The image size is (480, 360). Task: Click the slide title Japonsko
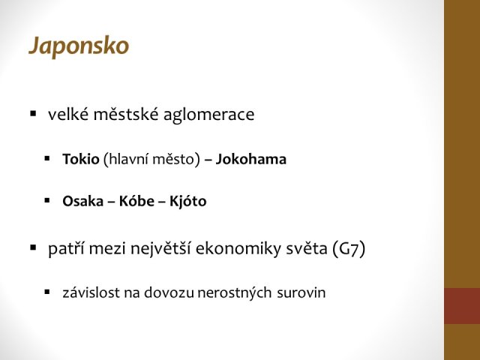click(x=79, y=46)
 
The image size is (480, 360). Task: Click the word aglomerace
click(x=208, y=115)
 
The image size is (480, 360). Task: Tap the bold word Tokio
click(x=81, y=159)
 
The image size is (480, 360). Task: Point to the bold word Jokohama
click(x=251, y=159)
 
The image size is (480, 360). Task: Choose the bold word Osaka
click(x=82, y=202)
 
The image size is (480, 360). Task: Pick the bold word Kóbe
click(x=136, y=201)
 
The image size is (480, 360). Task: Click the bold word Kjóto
click(x=188, y=201)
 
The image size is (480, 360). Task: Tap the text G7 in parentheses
click(x=349, y=248)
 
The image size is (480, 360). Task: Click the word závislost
click(x=91, y=292)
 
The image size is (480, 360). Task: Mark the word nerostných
click(x=235, y=293)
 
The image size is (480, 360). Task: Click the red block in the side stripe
click(x=462, y=306)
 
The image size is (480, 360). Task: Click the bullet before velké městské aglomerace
click(x=33, y=114)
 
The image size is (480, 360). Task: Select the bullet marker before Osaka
click(x=47, y=201)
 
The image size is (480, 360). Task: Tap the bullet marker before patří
click(x=33, y=247)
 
